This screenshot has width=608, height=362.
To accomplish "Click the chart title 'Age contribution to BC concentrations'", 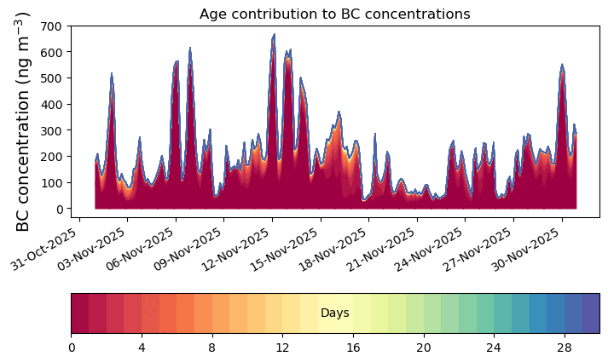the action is [x=334, y=14].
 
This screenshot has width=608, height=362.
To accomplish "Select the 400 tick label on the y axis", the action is [x=51, y=105].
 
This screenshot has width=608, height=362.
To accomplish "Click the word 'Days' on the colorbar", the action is [x=335, y=313].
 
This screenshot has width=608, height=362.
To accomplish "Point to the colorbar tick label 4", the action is [x=142, y=348].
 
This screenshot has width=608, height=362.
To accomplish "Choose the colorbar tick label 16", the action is [x=353, y=348].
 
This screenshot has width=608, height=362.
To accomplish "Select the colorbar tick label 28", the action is [x=565, y=348].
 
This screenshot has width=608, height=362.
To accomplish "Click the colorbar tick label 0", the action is [x=72, y=348].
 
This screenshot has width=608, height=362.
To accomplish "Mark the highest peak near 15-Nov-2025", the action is [x=274, y=35].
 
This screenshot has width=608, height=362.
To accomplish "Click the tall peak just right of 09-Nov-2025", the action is [x=190, y=49].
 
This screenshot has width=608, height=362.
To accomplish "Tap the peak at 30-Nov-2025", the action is [x=562, y=65].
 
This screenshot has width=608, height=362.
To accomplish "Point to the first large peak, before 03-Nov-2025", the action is [x=112, y=73].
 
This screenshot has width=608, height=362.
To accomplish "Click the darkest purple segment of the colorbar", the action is [x=591, y=313].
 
